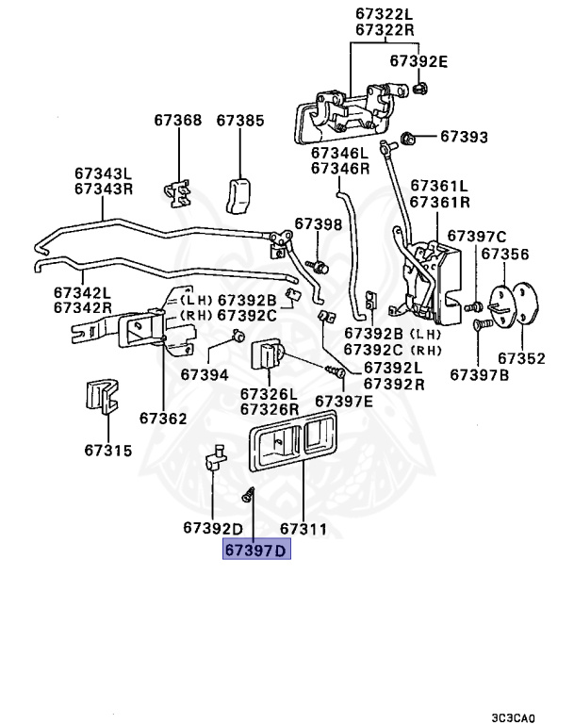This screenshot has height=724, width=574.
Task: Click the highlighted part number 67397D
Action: (256, 550)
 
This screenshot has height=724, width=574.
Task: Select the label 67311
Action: (303, 529)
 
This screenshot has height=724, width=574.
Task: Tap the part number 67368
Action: (178, 120)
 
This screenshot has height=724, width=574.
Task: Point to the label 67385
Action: (240, 121)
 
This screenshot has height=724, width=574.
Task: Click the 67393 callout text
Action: (464, 137)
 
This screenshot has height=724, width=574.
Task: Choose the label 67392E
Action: (418, 61)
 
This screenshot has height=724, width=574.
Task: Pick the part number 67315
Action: (108, 451)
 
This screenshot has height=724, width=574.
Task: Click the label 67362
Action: (163, 419)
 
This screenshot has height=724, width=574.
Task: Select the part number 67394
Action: (205, 374)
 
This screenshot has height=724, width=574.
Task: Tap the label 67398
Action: (319, 224)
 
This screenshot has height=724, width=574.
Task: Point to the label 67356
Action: (505, 254)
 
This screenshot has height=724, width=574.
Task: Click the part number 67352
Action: (521, 358)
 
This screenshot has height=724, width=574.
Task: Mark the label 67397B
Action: (480, 375)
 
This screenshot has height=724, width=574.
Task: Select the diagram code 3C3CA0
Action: (513, 718)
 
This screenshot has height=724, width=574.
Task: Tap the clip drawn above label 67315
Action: (102, 396)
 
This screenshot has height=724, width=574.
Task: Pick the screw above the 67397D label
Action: (249, 495)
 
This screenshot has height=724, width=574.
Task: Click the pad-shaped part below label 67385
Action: (238, 196)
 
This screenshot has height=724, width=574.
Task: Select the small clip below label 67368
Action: (177, 193)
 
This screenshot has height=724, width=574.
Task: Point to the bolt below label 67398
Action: (319, 266)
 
